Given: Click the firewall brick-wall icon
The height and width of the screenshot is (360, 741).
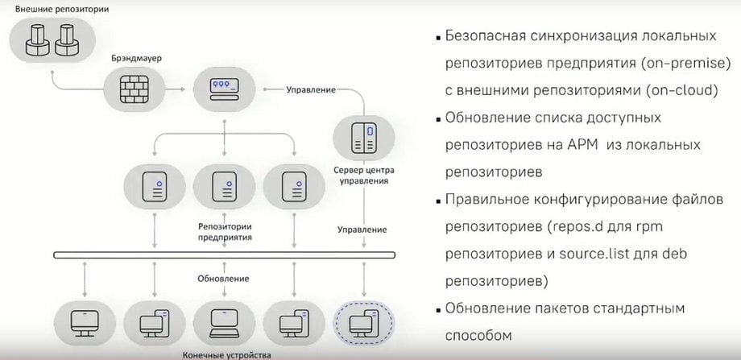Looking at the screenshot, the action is pos(133,89).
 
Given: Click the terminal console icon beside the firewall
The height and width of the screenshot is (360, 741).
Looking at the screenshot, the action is pos(225,89).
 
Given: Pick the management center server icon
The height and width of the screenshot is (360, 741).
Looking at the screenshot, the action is pos(364,138).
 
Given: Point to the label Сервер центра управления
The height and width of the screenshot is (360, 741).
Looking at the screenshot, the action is pos(364,176).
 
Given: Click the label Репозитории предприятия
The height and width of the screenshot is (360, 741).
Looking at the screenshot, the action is pos(225,231).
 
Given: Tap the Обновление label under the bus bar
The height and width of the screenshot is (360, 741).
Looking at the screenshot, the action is pos(223,279).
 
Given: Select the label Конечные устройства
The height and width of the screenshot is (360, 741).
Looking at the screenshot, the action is pos(227,355).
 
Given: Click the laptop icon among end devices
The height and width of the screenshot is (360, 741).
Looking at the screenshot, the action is pos(225,323).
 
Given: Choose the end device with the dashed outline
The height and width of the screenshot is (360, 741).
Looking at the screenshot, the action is pos(364,323).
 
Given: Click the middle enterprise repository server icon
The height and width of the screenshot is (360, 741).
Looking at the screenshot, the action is pos(225,187).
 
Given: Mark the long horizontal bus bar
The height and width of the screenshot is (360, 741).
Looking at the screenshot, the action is pos(225,255).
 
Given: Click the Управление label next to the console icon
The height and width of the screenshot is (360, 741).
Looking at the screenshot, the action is pos(311,89).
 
